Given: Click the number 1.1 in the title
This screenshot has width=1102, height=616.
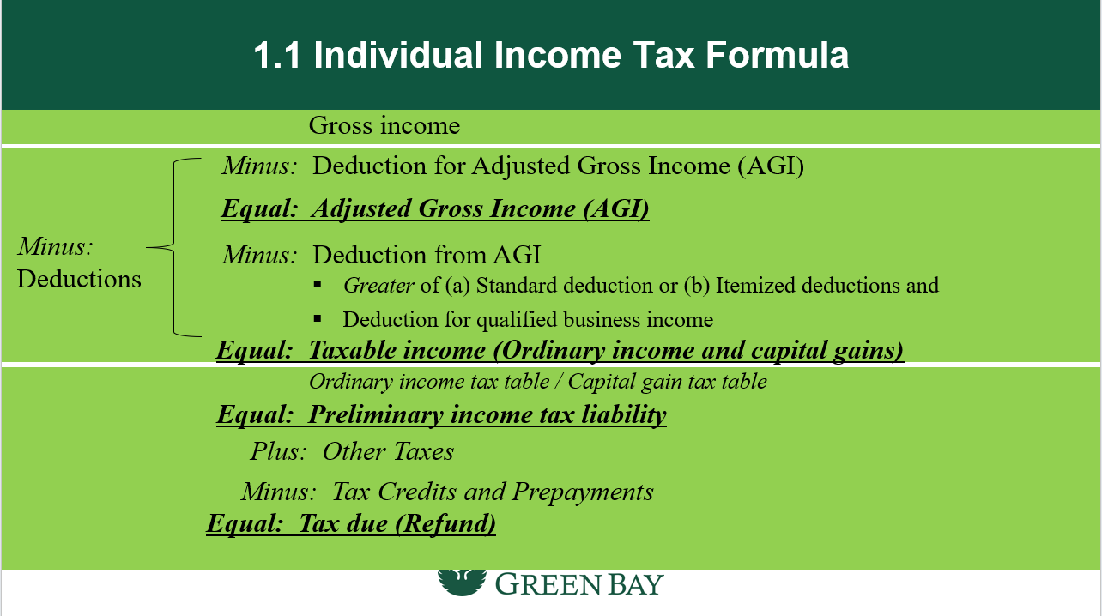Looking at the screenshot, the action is pyautogui.click(x=277, y=55).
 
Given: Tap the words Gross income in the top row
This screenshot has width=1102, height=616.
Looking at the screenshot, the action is pyautogui.click(x=384, y=125).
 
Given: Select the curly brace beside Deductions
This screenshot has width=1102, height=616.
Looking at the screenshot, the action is pyautogui.click(x=174, y=247).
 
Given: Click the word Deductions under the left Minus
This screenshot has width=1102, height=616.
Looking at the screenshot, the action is pyautogui.click(x=79, y=279).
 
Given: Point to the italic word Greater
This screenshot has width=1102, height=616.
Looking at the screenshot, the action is pyautogui.click(x=378, y=286).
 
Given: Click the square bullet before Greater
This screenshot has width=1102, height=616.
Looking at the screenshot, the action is pyautogui.click(x=318, y=284).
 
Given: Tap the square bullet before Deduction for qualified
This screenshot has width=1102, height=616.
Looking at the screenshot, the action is pyautogui.click(x=318, y=319).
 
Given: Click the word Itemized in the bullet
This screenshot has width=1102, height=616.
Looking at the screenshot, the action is pyautogui.click(x=754, y=285).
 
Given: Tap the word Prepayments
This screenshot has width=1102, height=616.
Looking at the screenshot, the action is pyautogui.click(x=583, y=492).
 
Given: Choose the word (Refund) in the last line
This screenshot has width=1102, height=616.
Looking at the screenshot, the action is pyautogui.click(x=445, y=523).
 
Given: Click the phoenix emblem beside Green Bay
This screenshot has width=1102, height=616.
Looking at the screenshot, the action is pyautogui.click(x=462, y=582).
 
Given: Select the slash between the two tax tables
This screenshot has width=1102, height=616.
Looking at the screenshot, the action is pyautogui.click(x=559, y=382).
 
